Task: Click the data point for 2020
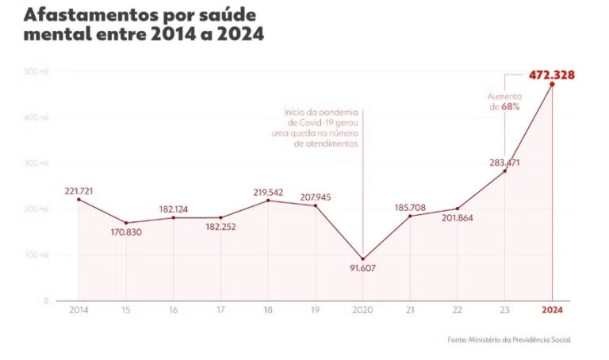[362, 259]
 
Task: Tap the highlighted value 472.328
[552, 75]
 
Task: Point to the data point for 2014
[79, 199]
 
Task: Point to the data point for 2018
[268, 200]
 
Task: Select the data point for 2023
[504, 170]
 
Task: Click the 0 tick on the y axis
[47, 301]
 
